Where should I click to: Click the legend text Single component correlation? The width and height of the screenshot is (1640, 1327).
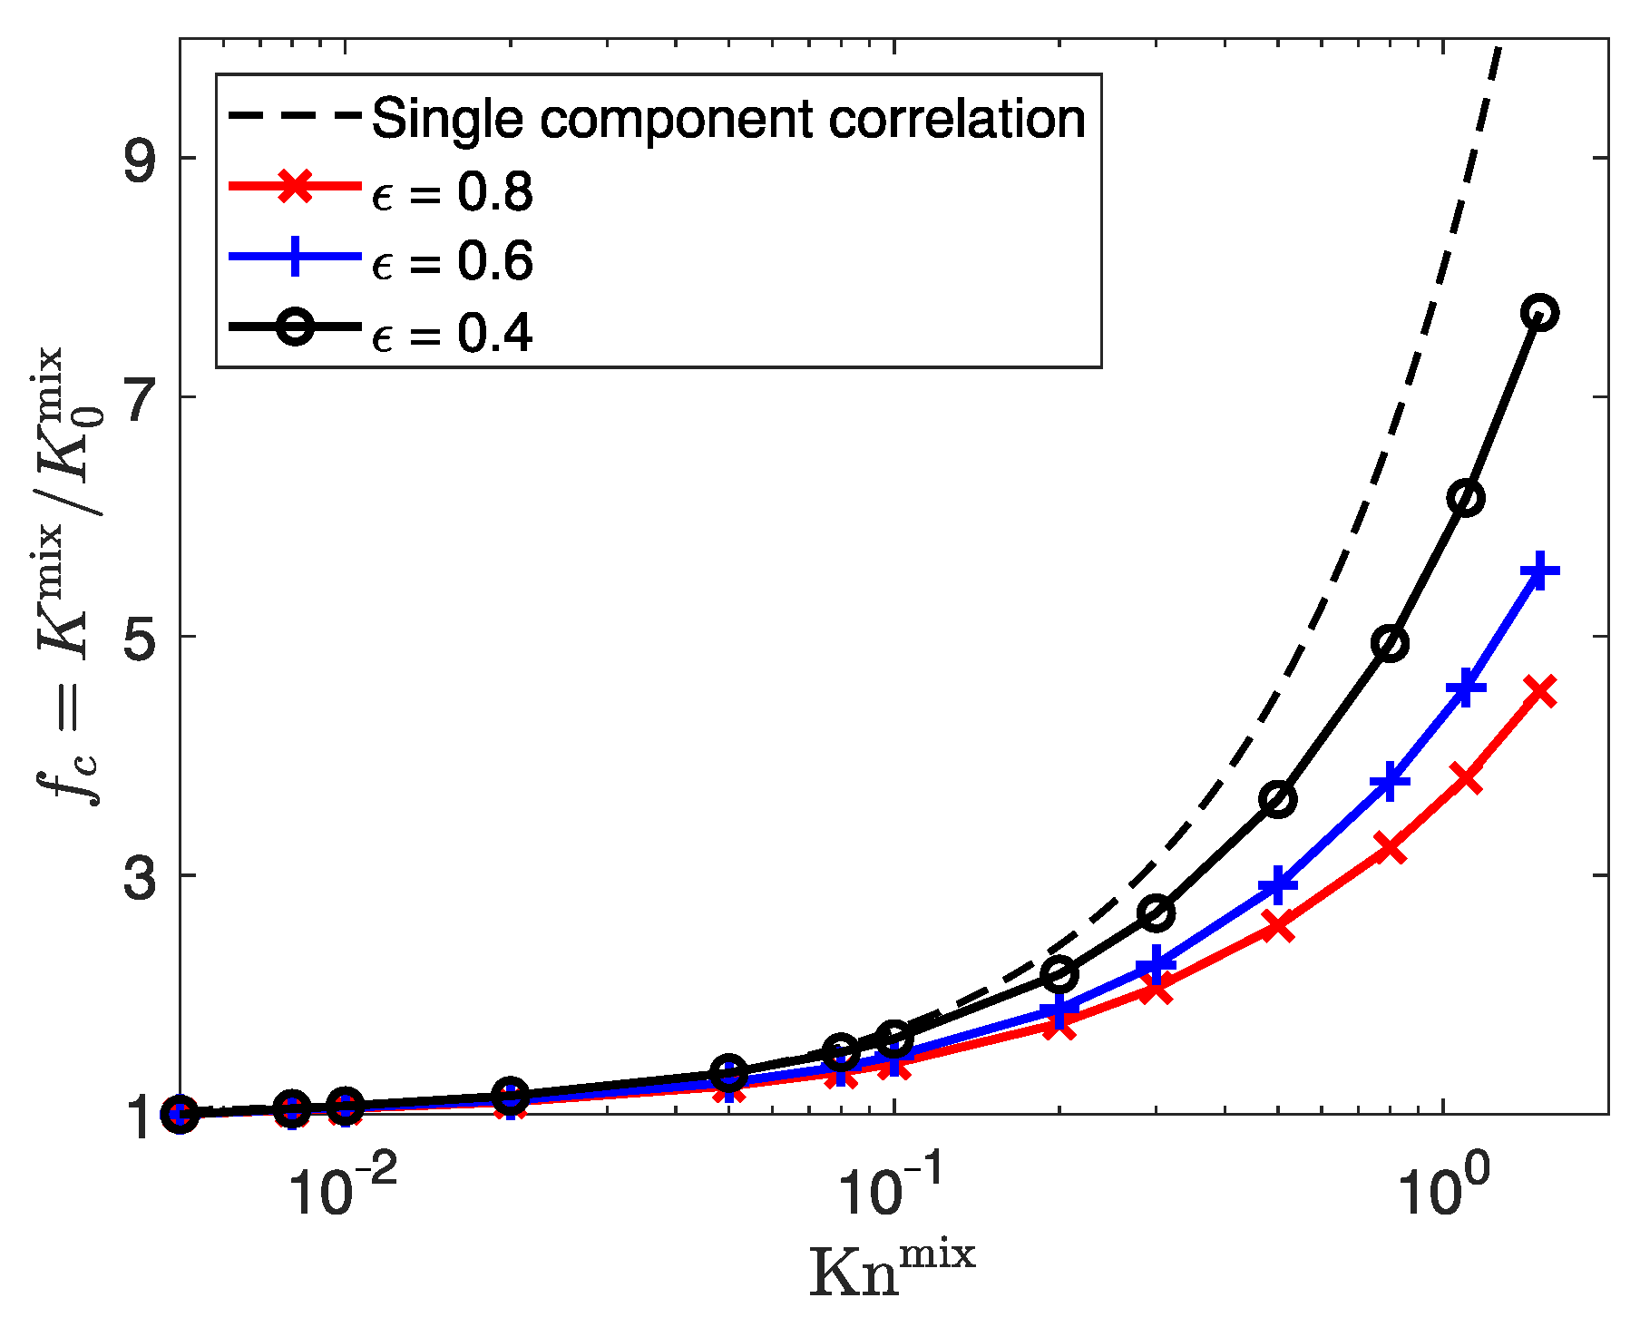click(x=728, y=119)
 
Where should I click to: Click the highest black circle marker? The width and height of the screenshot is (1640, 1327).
click(x=1539, y=313)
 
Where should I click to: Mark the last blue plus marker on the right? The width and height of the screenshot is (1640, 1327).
click(x=1539, y=572)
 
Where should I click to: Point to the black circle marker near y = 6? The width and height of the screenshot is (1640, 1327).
click(x=1466, y=498)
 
